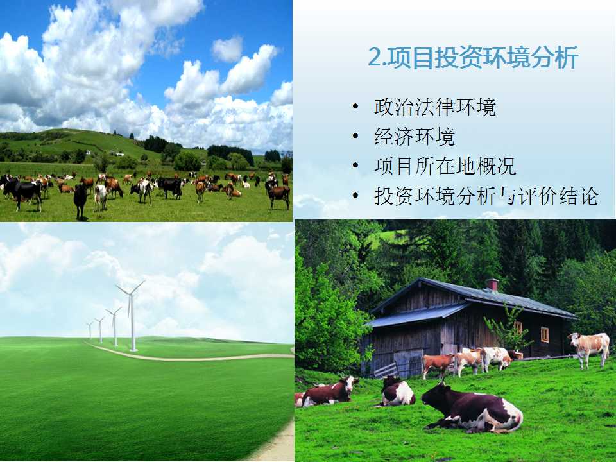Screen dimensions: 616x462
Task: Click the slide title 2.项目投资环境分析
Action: click(473, 58)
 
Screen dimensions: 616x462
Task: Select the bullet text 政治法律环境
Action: click(435, 107)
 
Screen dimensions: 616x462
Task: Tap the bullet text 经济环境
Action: click(415, 137)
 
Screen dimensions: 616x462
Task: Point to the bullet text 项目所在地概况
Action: click(445, 166)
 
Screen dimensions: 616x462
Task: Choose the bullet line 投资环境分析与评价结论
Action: click(486, 196)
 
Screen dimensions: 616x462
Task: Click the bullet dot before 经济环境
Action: click(356, 136)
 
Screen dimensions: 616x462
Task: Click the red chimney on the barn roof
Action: click(492, 285)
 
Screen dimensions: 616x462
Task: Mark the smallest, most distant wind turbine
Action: click(90, 330)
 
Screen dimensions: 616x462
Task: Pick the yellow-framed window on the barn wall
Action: click(545, 335)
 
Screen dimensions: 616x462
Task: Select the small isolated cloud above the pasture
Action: click(227, 49)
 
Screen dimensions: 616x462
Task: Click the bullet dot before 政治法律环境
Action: click(356, 107)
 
